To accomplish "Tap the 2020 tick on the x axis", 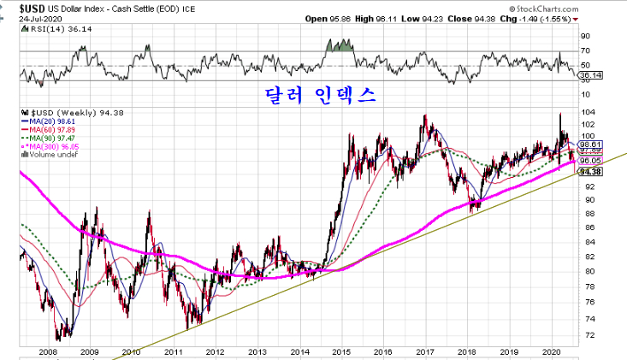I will click(x=550, y=351).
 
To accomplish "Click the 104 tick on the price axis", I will click(x=588, y=112).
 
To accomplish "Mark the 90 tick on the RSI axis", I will click(x=585, y=36).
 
